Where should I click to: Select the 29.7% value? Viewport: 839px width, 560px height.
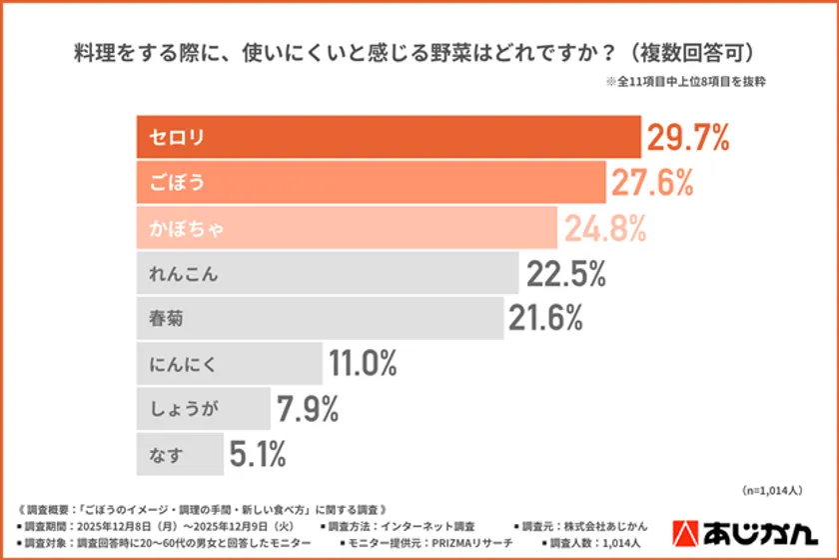click(x=688, y=138)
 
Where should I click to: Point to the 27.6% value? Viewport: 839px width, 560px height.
click(x=653, y=182)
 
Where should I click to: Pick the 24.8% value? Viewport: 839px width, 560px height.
click(x=606, y=228)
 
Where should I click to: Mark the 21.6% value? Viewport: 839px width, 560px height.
click(x=545, y=319)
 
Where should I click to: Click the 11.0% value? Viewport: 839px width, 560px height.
click(x=365, y=364)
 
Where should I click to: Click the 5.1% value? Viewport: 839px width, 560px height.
click(x=258, y=455)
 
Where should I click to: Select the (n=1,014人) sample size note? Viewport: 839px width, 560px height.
click(x=772, y=490)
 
